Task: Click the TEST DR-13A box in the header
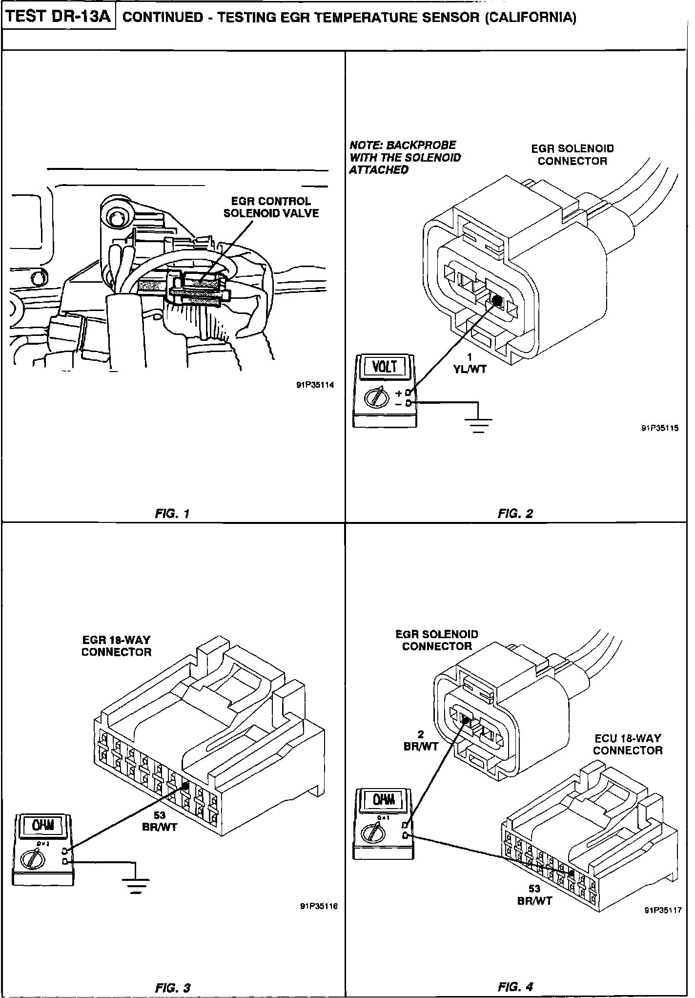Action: [x=59, y=17]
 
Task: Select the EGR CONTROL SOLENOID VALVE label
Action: [x=271, y=207]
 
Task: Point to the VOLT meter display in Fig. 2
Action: [x=385, y=366]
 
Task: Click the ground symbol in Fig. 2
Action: [x=480, y=423]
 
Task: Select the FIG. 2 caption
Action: [x=515, y=513]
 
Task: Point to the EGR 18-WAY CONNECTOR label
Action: [x=116, y=645]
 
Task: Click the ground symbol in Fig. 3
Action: [x=137, y=884]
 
